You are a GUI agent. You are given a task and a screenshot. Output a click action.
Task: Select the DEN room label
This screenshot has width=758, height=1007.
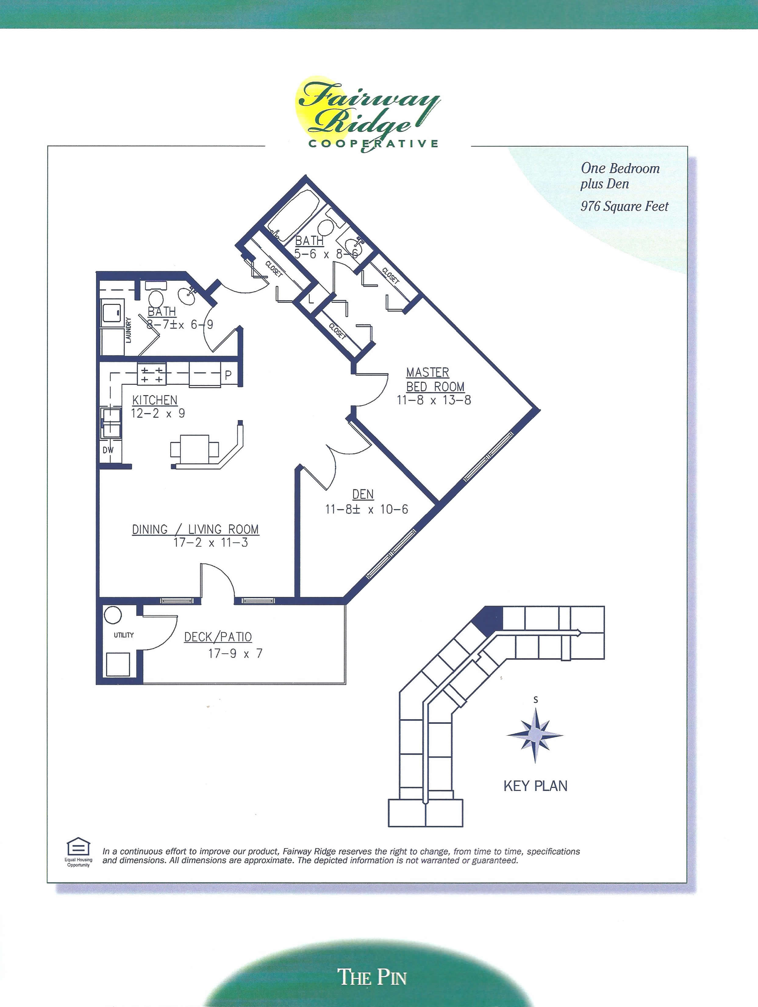(x=363, y=494)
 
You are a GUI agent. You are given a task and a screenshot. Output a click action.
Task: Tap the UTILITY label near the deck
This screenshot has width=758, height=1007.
(x=123, y=635)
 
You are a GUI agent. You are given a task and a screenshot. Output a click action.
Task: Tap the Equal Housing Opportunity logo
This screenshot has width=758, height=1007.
(x=78, y=847)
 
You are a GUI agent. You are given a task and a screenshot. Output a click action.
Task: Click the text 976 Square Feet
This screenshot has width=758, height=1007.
(x=624, y=206)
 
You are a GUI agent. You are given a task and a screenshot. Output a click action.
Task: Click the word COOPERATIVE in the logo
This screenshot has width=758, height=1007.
(x=373, y=144)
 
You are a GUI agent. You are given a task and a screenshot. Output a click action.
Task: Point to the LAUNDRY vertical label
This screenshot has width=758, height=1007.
(x=128, y=330)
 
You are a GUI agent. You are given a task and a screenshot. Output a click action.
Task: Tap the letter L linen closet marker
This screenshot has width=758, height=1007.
(x=311, y=300)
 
